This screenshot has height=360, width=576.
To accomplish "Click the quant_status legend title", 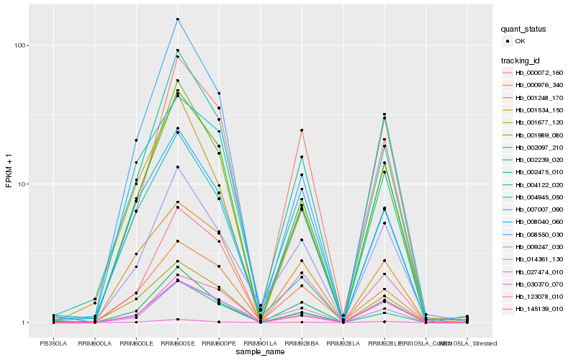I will pyautogui.click(x=524, y=29).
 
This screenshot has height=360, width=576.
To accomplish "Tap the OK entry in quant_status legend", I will pyautogui.click(x=520, y=41).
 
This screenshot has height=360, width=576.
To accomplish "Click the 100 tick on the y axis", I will pyautogui.click(x=21, y=45).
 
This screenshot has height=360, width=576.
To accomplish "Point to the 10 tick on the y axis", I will pyautogui.click(x=23, y=184).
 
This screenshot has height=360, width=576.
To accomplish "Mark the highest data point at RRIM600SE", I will pyautogui.click(x=177, y=19).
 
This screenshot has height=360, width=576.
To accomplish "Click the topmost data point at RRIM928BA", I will pyautogui.click(x=302, y=130).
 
